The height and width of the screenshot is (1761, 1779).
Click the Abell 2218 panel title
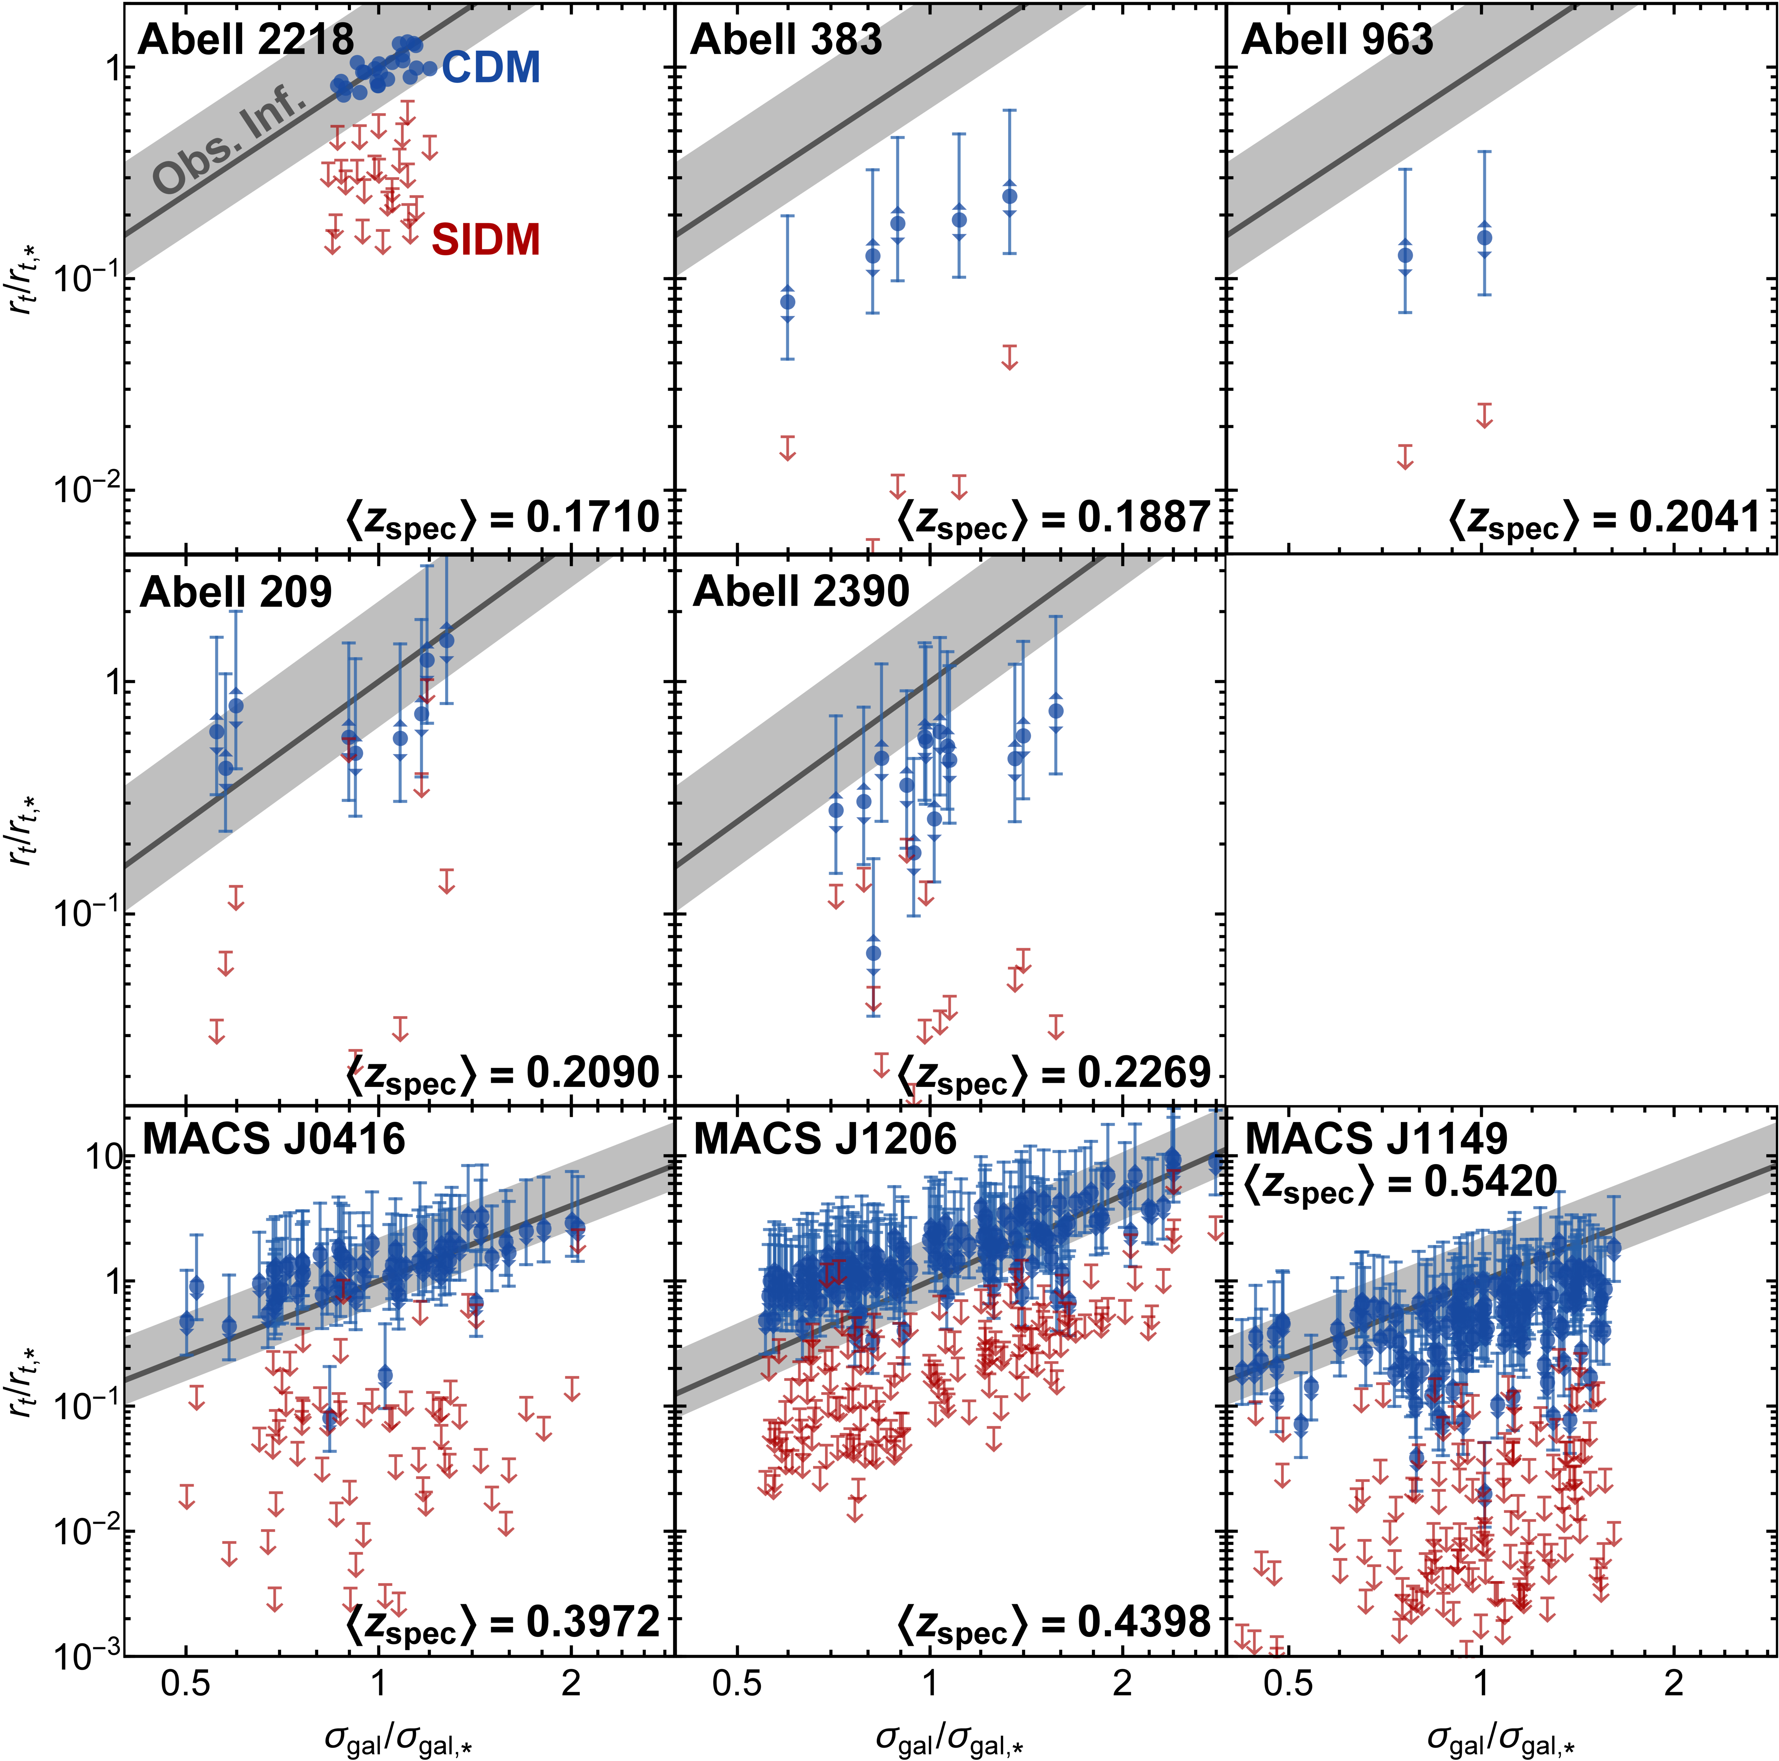pyautogui.click(x=246, y=40)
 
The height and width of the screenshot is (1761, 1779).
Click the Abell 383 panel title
pyautogui.click(x=786, y=40)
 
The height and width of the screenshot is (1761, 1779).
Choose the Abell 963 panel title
pyautogui.click(x=1337, y=40)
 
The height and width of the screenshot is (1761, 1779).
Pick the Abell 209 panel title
pyautogui.click(x=236, y=592)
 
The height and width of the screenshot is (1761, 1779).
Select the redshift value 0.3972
pyautogui.click(x=593, y=1621)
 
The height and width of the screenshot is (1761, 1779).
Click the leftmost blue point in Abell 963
pyautogui.click(x=1405, y=255)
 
